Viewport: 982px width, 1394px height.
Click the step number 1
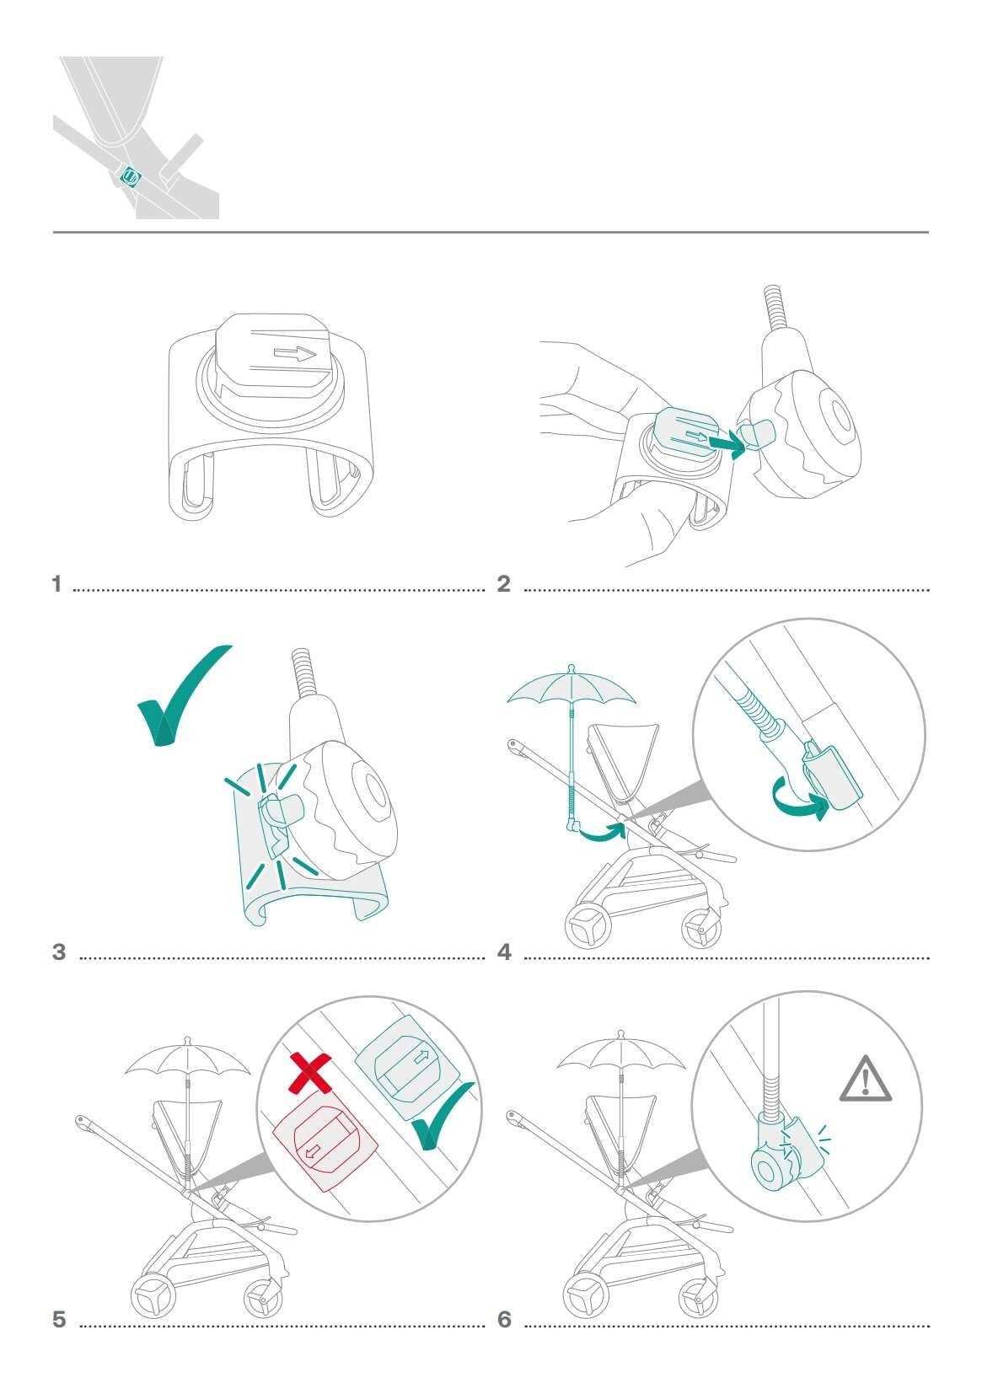tap(56, 584)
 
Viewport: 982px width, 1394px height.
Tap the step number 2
tap(503, 584)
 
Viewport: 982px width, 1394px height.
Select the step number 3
tap(59, 952)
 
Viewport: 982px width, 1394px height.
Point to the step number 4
tap(504, 952)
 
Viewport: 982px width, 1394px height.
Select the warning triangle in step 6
tap(865, 1079)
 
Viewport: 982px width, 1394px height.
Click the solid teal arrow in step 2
tap(727, 443)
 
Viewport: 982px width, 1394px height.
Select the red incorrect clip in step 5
tap(325, 1138)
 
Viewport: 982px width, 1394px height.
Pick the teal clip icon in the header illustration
tap(131, 177)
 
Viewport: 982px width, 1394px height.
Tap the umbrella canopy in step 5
tap(187, 1057)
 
